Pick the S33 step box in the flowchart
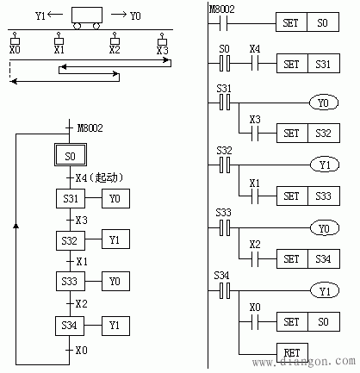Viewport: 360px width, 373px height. tap(71, 282)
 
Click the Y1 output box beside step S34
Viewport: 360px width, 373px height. tap(116, 325)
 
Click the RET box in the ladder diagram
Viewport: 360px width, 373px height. tap(291, 351)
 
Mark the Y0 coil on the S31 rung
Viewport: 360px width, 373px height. tap(325, 103)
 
